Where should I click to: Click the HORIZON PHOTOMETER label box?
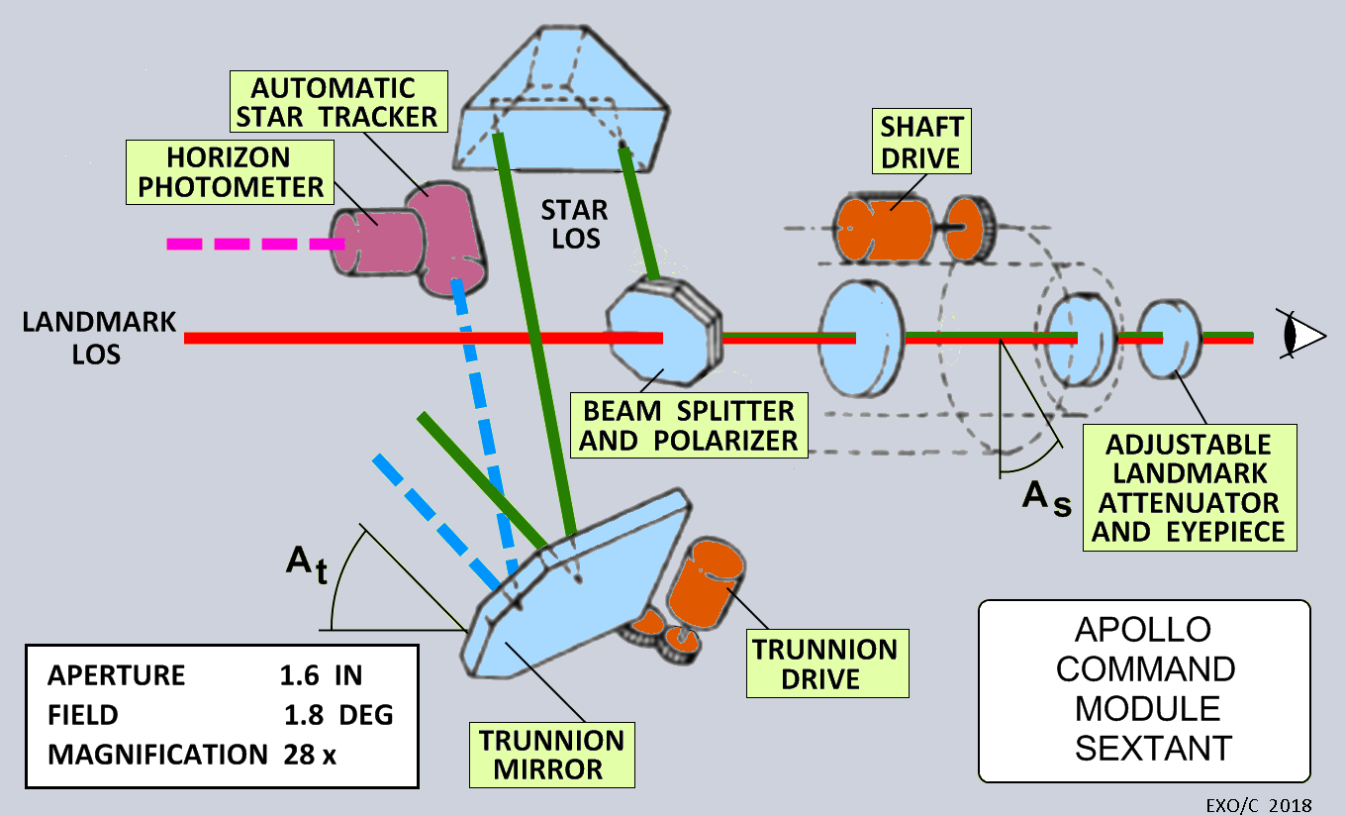[229, 171]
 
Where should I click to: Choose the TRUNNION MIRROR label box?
[551, 755]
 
